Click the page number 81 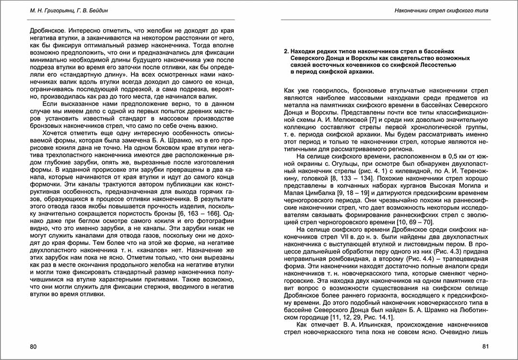485,347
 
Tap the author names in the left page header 67,10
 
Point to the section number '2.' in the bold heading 286,50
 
